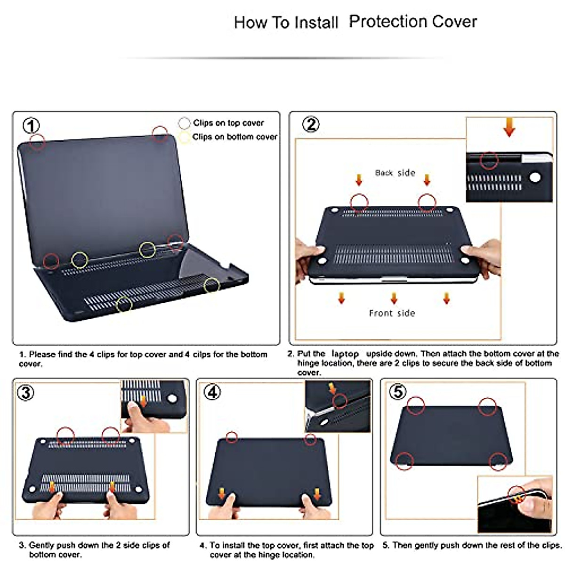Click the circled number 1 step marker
[x=32, y=126]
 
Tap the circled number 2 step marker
[x=310, y=124]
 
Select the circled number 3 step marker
[x=25, y=392]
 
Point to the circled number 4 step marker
[x=212, y=392]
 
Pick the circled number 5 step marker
[x=398, y=391]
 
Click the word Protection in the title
[x=381, y=22]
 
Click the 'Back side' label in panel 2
[x=395, y=173]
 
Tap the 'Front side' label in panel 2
[x=392, y=313]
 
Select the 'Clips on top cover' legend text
[x=228, y=123]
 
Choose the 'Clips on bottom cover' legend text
[x=234, y=137]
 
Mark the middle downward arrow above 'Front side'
[x=394, y=298]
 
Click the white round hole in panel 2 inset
[x=535, y=178]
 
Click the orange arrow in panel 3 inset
[x=143, y=402]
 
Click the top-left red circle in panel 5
[x=416, y=405]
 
